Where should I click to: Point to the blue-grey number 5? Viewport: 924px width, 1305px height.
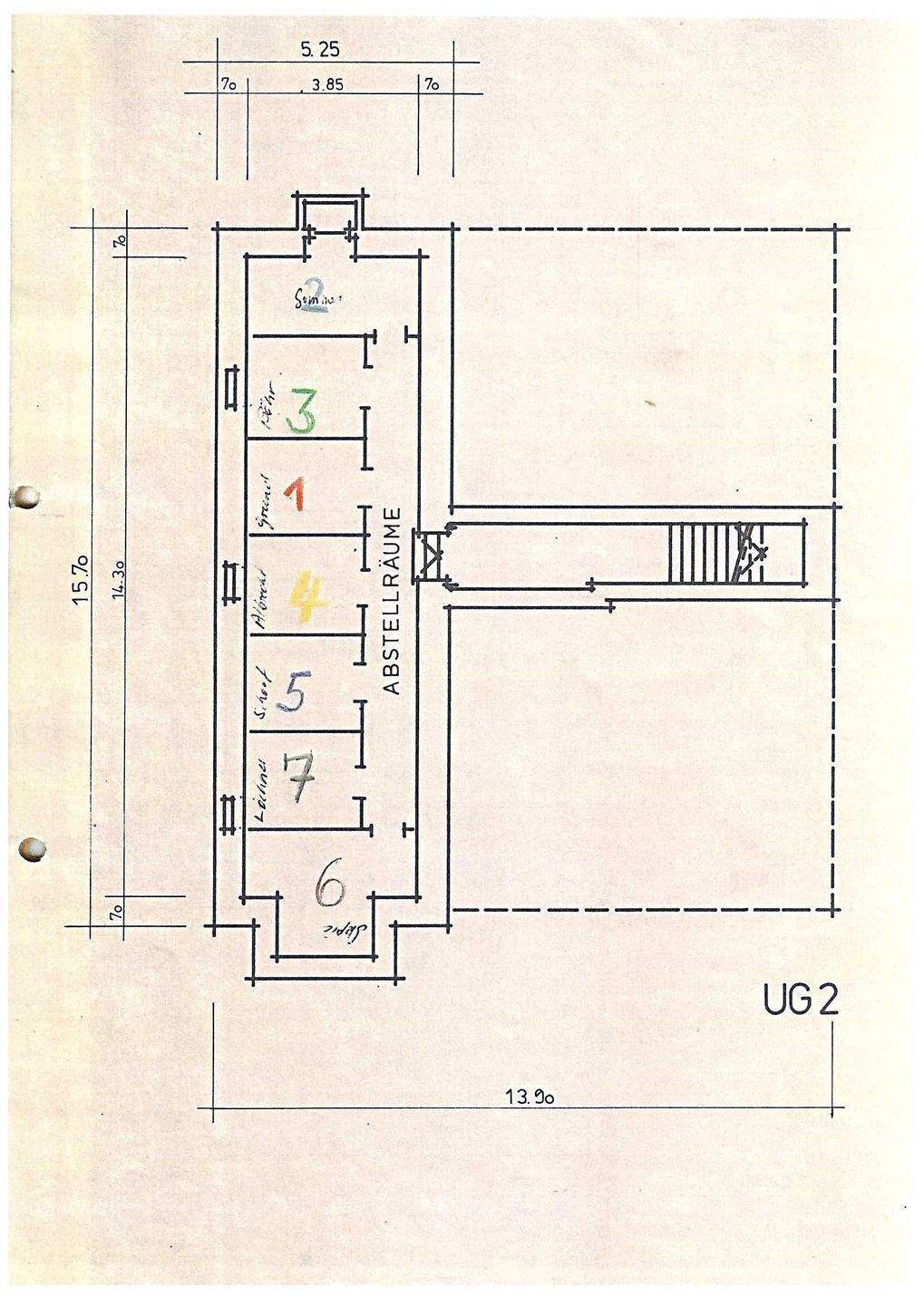tap(296, 694)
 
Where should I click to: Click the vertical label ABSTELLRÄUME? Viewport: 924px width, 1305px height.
tap(393, 599)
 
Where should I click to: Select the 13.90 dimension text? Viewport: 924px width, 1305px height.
tap(530, 1097)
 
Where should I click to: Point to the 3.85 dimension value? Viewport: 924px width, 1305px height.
tap(327, 87)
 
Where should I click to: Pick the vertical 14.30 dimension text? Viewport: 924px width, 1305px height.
tap(118, 582)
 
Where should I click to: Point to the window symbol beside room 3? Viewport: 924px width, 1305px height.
tap(230, 388)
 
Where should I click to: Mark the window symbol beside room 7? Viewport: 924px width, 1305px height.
tap(227, 812)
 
